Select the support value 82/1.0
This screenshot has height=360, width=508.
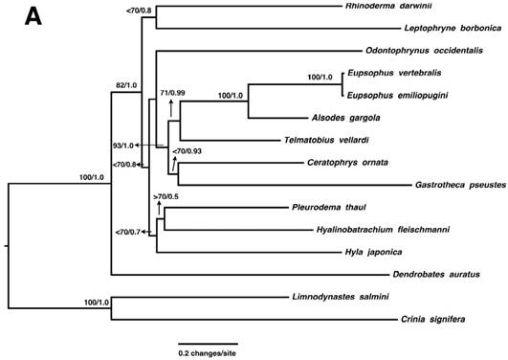[124, 85]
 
